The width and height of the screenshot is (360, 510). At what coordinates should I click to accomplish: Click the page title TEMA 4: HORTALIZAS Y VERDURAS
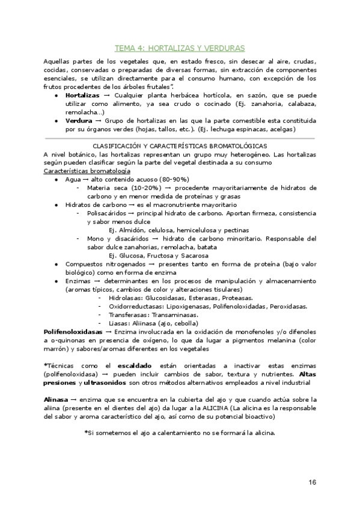[x=180, y=48]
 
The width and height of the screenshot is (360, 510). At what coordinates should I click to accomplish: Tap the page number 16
[x=312, y=482]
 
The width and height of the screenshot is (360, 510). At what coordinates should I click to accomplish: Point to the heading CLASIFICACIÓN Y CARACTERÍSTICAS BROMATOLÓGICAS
[x=180, y=146]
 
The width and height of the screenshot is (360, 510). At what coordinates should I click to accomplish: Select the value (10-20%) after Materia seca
[x=144, y=188]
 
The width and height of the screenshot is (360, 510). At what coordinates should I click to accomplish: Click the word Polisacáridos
[x=109, y=213]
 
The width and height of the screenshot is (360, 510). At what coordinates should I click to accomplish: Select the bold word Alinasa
[x=56, y=399]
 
